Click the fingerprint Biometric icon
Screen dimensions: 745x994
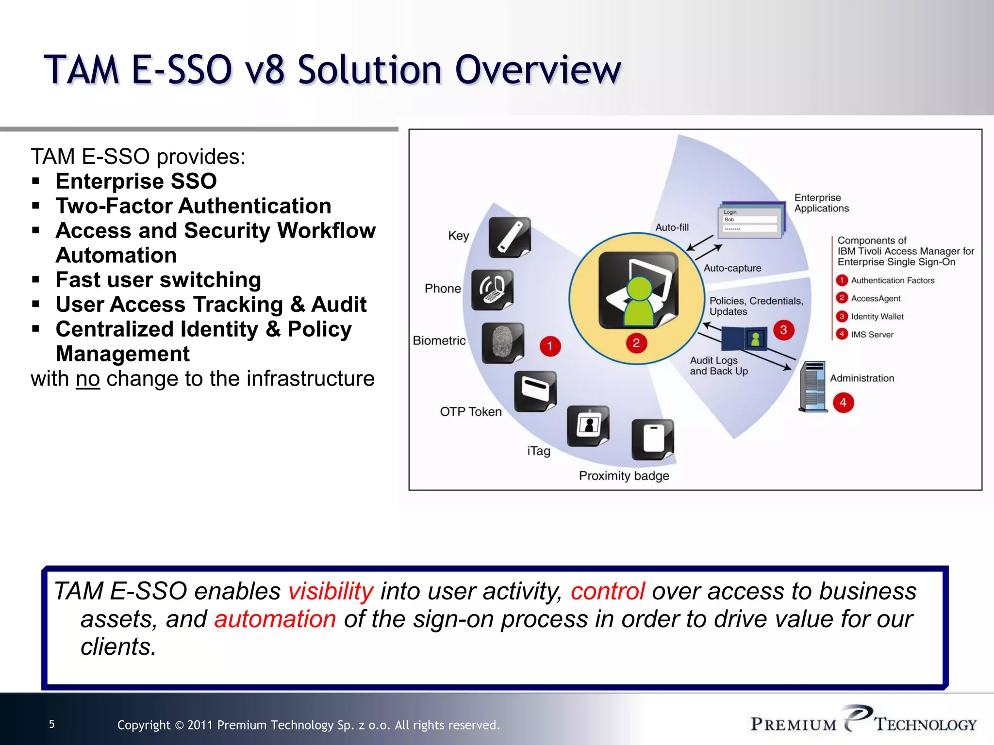point(502,342)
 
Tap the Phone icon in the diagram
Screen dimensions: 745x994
point(492,290)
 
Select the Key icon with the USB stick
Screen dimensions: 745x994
point(509,237)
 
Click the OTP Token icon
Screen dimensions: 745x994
point(535,391)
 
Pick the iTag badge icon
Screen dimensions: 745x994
point(588,426)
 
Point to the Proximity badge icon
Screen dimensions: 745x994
point(652,439)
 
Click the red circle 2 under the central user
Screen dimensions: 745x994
point(636,343)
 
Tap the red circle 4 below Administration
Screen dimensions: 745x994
point(843,403)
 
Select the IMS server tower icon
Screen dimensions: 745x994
point(813,387)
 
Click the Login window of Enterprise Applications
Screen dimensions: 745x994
point(750,221)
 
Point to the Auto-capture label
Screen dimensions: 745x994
point(732,268)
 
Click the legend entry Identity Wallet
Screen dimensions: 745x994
point(877,317)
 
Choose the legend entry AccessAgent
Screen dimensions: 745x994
point(875,299)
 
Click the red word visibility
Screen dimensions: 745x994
point(331,591)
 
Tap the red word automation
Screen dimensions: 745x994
point(275,619)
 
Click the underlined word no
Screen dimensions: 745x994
point(88,379)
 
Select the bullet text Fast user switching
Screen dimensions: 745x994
point(158,280)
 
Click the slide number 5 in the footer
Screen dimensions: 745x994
point(52,724)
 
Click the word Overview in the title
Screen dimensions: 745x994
point(538,70)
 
